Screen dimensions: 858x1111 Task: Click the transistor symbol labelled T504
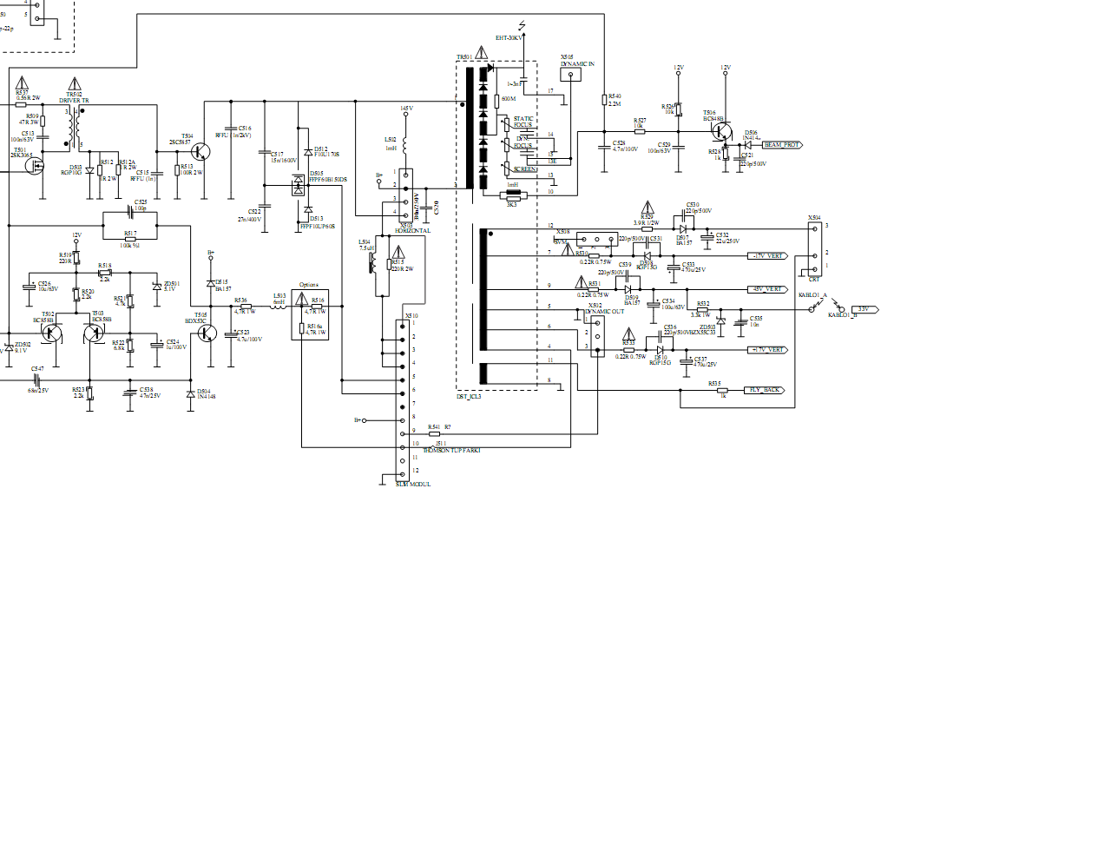pos(201,152)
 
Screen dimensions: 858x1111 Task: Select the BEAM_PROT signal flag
pos(781,145)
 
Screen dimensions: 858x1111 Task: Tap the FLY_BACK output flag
pos(766,390)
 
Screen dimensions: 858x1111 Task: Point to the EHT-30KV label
pos(509,38)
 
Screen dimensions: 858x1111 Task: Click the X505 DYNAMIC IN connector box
pos(571,75)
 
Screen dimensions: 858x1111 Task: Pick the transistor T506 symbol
pos(722,131)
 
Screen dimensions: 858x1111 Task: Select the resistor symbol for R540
pos(604,100)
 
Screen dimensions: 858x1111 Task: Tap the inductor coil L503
pos(279,306)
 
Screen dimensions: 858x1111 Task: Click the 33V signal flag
pos(864,309)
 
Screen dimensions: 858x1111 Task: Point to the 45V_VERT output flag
pos(768,289)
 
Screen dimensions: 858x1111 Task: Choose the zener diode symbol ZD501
pos(156,286)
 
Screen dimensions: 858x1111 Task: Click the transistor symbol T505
pos(206,332)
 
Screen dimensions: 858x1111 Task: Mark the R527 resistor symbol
pos(640,131)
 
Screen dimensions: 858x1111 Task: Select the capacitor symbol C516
pos(231,129)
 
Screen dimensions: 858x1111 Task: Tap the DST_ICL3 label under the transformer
pos(469,397)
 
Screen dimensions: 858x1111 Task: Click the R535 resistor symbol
pos(721,391)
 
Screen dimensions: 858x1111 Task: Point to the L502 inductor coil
pos(404,144)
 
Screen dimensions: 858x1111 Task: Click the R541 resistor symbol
pos(434,433)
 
